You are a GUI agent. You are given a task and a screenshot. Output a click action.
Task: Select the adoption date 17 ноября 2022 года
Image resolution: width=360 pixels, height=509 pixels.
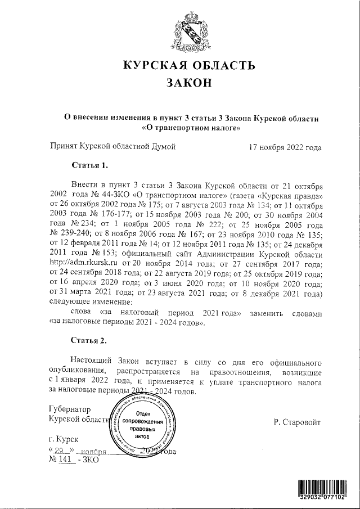click(x=285, y=148)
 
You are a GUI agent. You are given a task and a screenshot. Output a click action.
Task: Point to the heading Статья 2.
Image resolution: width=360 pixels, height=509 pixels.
click(x=89, y=340)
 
